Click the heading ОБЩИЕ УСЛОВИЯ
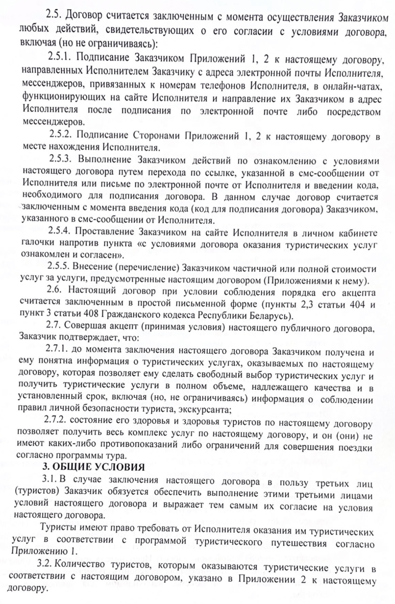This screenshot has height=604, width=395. [98, 468]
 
